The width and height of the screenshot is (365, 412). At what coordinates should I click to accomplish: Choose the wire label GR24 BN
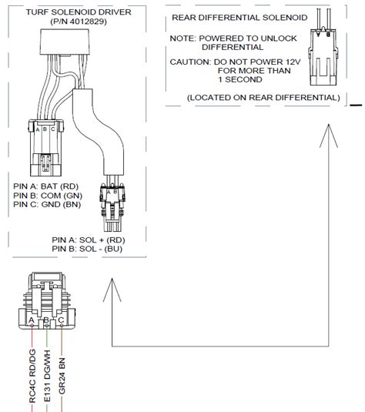click(65, 377)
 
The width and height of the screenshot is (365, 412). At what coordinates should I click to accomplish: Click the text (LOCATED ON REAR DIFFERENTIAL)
click(263, 97)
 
